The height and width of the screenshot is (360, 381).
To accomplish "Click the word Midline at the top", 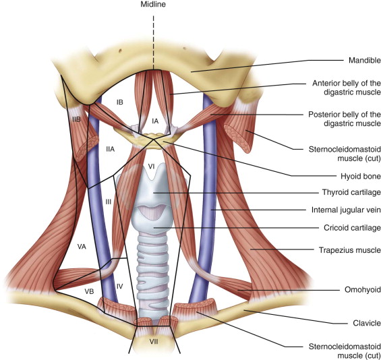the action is (153, 4).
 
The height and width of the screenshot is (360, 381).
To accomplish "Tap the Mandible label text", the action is (364, 60).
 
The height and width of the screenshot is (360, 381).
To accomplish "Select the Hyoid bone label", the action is (361, 176).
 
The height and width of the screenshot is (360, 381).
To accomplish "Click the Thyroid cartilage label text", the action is (351, 192).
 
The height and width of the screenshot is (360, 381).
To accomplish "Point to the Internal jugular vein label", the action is (346, 210).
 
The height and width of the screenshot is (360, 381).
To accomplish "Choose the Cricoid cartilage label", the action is (352, 228).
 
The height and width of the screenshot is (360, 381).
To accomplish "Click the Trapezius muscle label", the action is (350, 250).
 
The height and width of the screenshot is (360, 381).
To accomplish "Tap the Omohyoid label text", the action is (363, 290).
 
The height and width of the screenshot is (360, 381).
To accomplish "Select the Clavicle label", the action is (367, 323).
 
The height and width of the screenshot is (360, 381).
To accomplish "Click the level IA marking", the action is (155, 121).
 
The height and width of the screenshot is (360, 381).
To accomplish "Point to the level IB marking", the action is (120, 102).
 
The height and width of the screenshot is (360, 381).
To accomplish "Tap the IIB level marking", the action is (76, 119).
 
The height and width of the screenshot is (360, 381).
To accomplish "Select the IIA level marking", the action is (111, 149).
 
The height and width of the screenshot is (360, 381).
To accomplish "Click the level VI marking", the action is (151, 167).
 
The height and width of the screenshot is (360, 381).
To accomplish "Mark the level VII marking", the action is (154, 342).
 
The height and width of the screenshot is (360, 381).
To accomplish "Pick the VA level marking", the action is (82, 247).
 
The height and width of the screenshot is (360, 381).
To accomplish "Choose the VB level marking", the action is (89, 291).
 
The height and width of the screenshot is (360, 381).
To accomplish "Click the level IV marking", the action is (120, 287).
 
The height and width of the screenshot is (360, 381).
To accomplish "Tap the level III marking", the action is (109, 202).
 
